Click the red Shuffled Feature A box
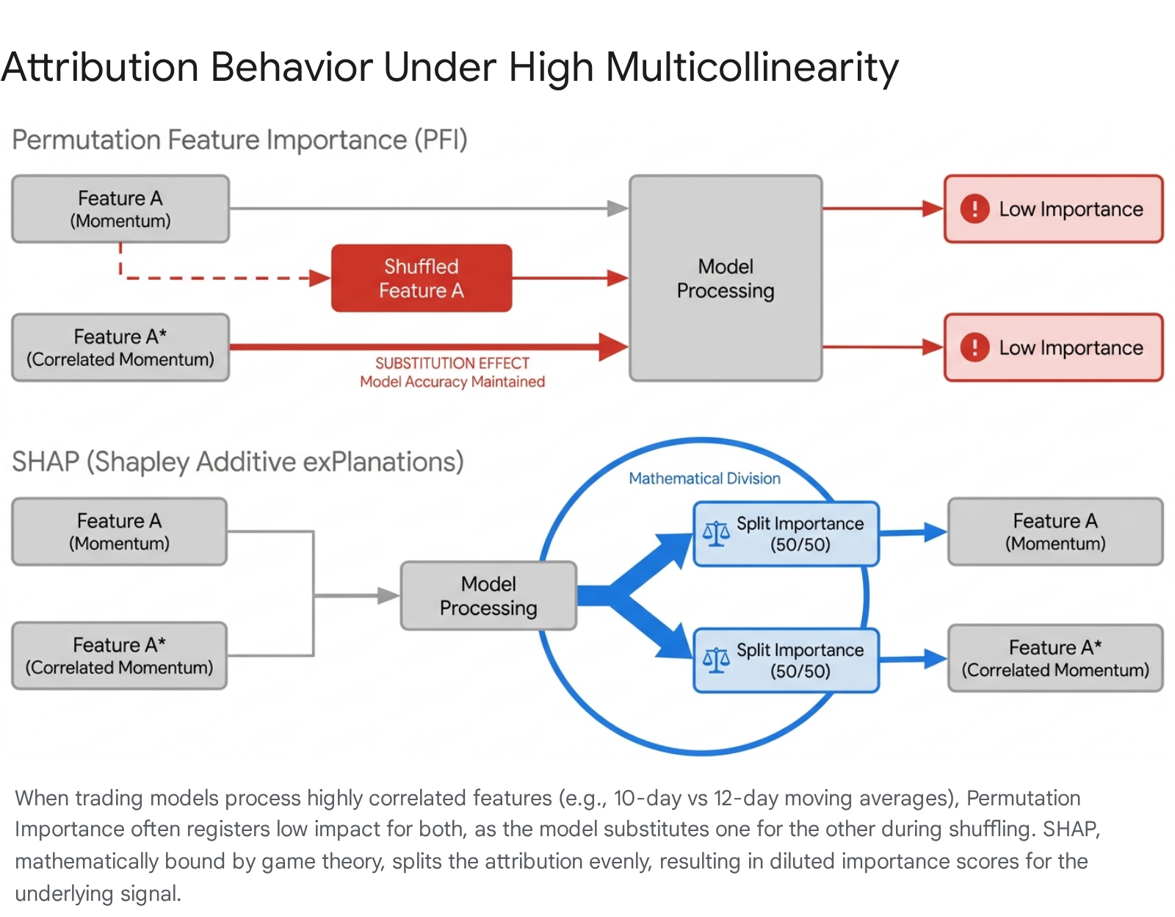point(422,278)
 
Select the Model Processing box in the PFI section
point(726,278)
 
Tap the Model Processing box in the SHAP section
point(488,596)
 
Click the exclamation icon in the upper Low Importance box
point(975,208)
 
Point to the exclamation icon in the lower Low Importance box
point(975,347)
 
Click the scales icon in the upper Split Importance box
point(716,533)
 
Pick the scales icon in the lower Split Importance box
point(716,660)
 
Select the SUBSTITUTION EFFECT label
point(452,363)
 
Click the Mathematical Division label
point(704,478)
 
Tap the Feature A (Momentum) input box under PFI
point(120,209)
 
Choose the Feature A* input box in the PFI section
point(120,348)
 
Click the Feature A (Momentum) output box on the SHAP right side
point(1055,532)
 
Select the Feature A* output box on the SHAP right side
point(1055,658)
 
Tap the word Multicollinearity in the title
point(751,68)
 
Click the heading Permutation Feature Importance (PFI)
point(239,140)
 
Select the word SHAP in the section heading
point(46,462)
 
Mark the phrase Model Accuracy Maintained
point(452,382)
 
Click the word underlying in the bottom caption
point(64,893)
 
